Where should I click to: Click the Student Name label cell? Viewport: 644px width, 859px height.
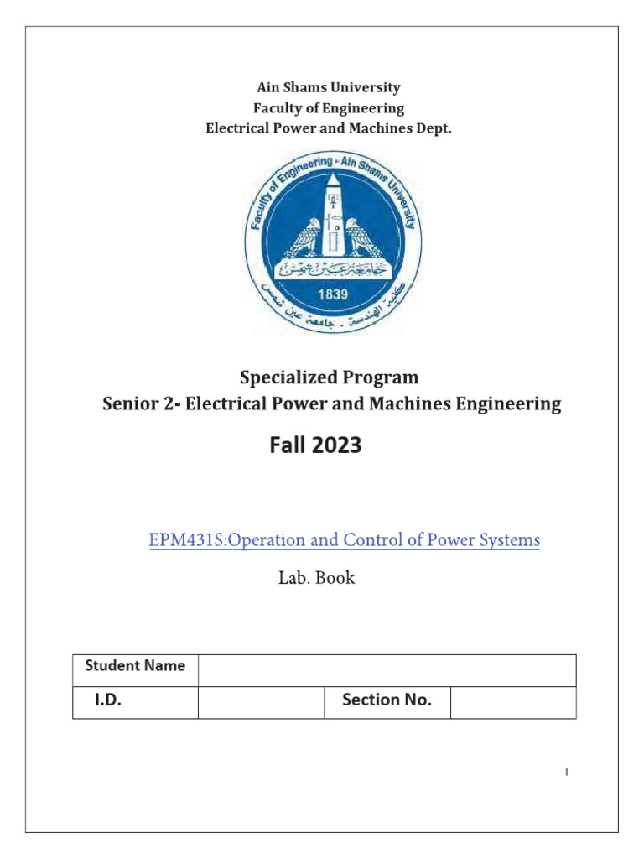[x=135, y=666]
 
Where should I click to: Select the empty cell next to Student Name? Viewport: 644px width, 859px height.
[x=387, y=670]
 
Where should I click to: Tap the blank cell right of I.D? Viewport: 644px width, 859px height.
[x=261, y=702]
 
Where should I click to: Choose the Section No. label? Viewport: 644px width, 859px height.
[x=387, y=700]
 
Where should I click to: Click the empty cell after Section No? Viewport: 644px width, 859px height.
[x=512, y=702]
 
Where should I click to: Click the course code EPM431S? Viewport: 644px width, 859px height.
[x=182, y=540]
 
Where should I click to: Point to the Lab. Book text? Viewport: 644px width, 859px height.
[x=316, y=578]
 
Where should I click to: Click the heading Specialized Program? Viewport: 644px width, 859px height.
[x=330, y=377]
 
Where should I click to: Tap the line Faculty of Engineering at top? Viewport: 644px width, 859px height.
[x=329, y=108]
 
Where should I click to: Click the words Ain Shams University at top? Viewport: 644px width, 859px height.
[x=329, y=87]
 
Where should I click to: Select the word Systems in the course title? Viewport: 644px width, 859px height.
[x=508, y=540]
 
